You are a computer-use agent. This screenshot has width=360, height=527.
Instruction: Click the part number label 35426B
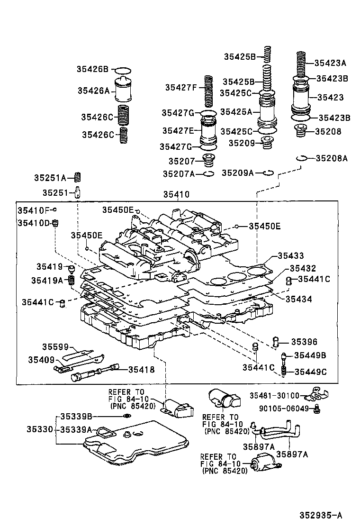click(92, 69)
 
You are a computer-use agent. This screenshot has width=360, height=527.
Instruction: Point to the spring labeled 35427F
click(208, 91)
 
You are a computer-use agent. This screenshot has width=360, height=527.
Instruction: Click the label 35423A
click(331, 62)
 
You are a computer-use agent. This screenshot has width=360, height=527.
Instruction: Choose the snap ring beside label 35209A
click(268, 173)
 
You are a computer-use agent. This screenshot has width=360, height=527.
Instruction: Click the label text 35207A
click(179, 174)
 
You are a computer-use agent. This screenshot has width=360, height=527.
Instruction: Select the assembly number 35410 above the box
click(176, 194)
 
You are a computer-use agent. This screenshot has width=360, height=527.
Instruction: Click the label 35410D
click(33, 222)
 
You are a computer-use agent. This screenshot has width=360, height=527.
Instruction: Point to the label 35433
click(291, 256)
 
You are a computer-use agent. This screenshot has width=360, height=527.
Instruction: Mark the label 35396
click(304, 341)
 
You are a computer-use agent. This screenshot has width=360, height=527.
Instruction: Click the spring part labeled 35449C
click(284, 371)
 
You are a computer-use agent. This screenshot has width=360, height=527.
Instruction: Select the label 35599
click(55, 347)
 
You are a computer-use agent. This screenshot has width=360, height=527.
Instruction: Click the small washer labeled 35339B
click(126, 416)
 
